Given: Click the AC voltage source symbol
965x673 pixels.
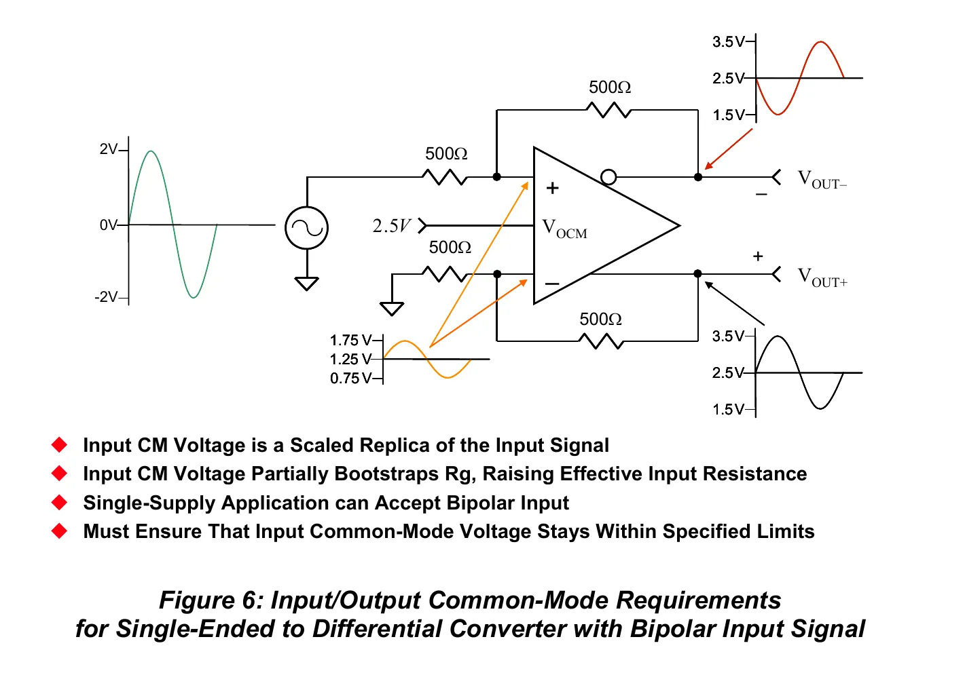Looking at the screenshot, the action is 307,228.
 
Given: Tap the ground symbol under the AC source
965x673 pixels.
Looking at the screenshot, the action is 306,284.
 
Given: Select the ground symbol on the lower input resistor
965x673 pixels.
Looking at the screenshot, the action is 392,309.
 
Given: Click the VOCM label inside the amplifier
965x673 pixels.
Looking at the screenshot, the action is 564,229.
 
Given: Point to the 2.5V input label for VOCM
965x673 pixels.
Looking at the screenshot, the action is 391,225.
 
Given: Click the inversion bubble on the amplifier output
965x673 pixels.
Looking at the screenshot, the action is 608,177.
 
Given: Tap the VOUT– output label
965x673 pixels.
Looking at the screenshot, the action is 822,179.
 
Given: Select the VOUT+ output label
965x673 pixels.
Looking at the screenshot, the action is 822,277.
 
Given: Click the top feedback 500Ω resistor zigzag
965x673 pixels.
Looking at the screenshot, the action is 608,110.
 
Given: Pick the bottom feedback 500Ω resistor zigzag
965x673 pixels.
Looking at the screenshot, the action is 601,341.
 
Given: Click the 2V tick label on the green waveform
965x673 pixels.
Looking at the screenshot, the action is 108,149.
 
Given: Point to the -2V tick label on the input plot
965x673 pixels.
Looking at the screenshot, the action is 105,297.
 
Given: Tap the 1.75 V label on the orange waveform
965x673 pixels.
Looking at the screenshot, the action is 350,341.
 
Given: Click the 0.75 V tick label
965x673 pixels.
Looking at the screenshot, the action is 350,379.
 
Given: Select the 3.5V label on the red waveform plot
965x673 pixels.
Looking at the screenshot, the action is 729,42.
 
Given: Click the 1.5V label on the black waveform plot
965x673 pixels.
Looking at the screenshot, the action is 729,409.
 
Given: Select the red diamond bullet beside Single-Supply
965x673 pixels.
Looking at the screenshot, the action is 60,502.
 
